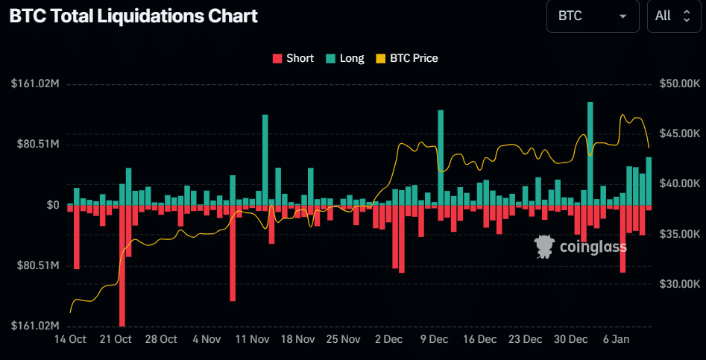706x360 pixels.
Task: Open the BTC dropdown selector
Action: pos(593,16)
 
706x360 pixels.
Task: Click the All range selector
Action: pos(673,16)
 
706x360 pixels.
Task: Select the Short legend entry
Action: pos(293,58)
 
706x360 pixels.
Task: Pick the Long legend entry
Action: pos(345,58)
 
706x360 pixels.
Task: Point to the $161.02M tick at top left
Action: pos(35,83)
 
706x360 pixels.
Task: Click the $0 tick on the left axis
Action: pos(52,205)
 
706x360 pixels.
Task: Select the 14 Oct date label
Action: pos(71,339)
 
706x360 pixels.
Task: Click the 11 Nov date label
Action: pos(253,339)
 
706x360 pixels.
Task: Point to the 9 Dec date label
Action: pos(434,339)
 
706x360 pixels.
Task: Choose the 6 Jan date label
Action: pos(616,339)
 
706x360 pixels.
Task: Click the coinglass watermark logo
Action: pos(581,247)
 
